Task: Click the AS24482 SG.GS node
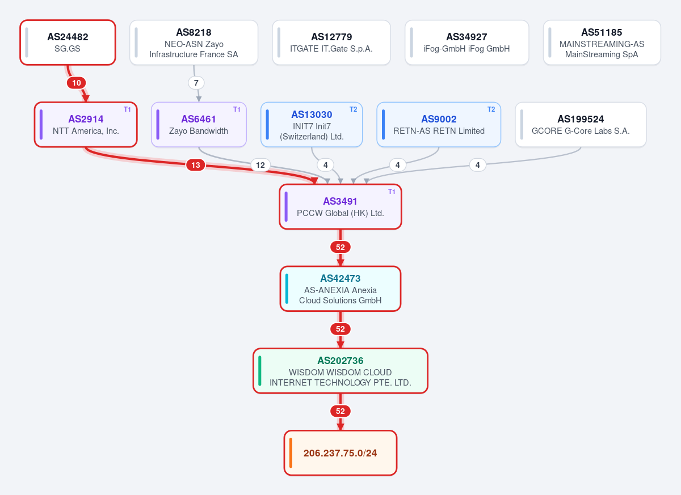tap(68, 43)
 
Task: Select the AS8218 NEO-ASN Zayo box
tap(194, 43)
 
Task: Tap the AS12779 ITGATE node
tap(331, 43)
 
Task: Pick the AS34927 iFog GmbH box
tap(466, 43)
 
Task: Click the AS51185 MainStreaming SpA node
tap(602, 43)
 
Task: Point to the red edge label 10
tap(76, 83)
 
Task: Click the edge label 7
tap(196, 83)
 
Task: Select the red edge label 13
tap(195, 165)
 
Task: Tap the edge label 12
tap(260, 165)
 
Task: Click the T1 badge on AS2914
tap(127, 109)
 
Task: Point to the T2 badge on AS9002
tap(491, 109)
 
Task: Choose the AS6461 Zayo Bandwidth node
tap(199, 125)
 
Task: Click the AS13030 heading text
tap(312, 115)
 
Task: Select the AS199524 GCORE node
tap(581, 125)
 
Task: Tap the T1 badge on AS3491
tap(392, 192)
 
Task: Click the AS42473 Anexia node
tap(340, 289)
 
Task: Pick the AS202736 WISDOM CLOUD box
tap(340, 371)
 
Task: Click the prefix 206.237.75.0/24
tap(340, 453)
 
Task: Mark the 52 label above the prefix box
tap(340, 411)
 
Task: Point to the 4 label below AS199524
tap(478, 165)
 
